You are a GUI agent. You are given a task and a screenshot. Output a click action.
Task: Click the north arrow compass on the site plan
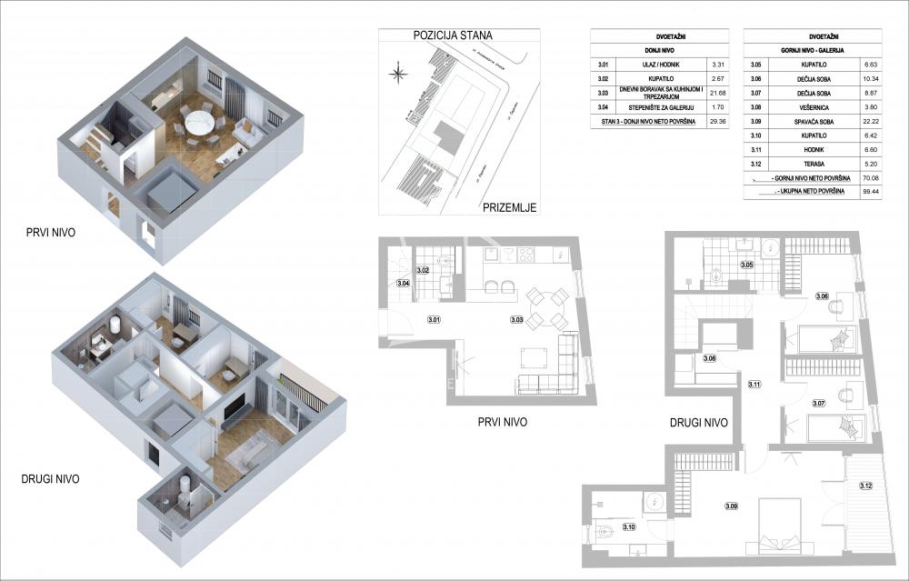(x=396, y=74)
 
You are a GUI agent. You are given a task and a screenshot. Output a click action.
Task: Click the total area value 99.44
(x=876, y=194)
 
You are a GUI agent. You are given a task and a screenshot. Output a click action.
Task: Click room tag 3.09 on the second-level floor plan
(x=731, y=506)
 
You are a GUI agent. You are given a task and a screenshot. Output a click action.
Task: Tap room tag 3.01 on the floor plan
(x=434, y=319)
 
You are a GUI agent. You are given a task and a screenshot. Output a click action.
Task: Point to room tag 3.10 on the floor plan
(x=627, y=527)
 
